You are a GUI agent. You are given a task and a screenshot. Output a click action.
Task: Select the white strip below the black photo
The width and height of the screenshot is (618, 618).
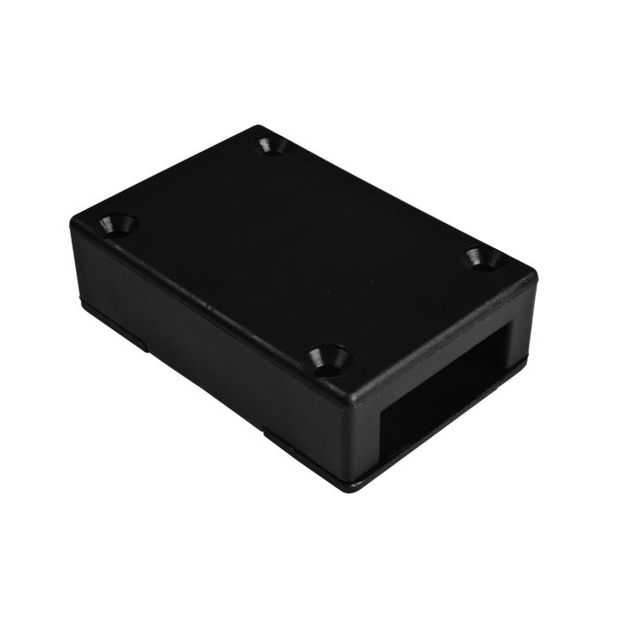point(309,565)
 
